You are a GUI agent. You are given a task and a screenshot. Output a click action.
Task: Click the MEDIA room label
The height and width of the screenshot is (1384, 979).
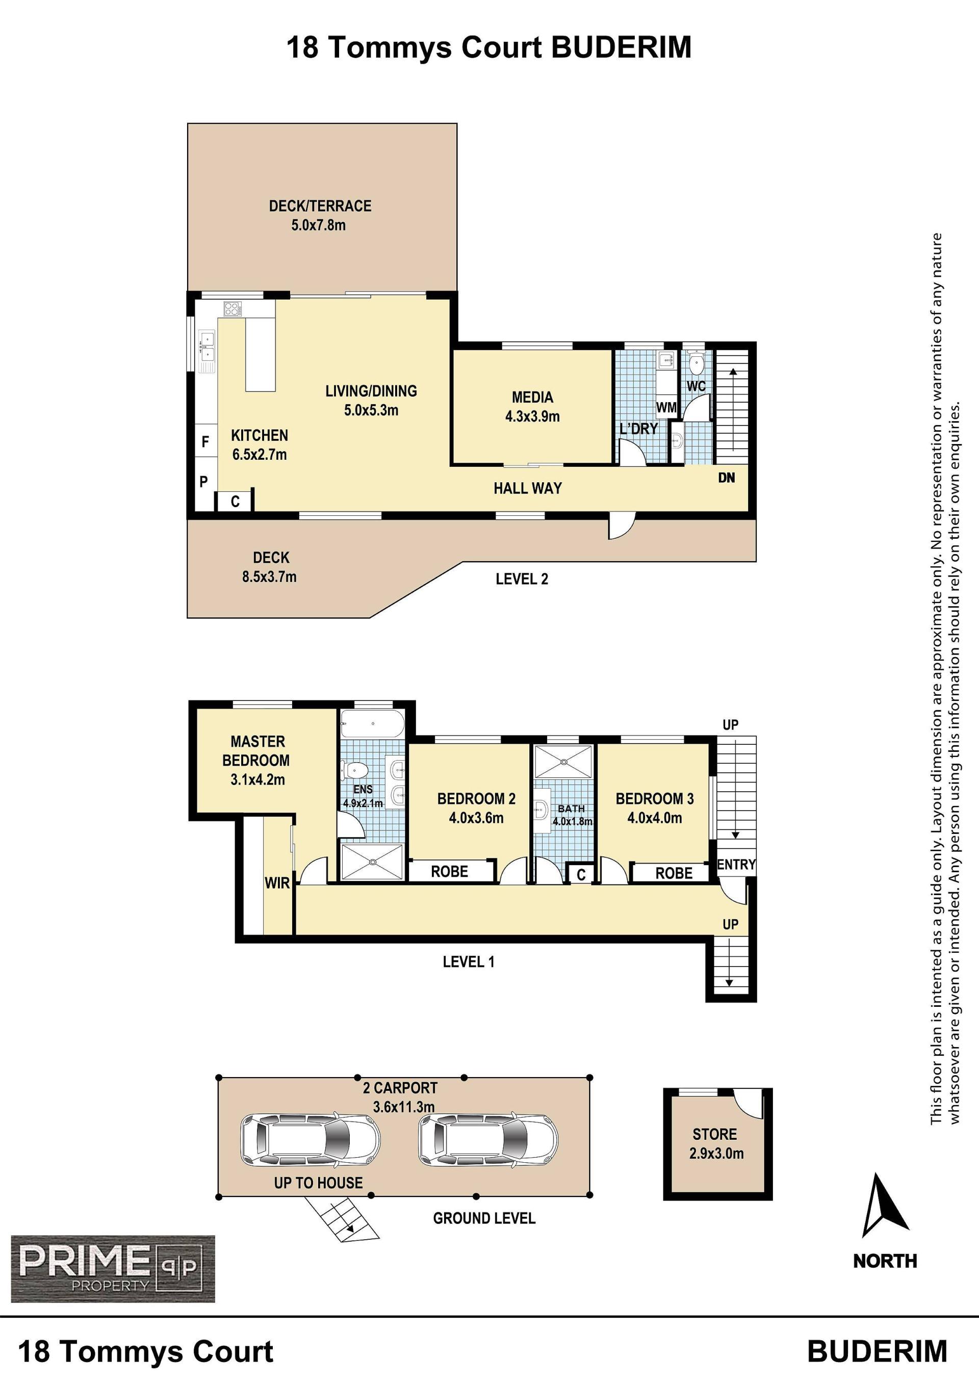click(532, 397)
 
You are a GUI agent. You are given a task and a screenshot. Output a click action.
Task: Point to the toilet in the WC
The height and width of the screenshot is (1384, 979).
click(697, 363)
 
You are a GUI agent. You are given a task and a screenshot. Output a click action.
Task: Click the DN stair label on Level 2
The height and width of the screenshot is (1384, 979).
click(727, 478)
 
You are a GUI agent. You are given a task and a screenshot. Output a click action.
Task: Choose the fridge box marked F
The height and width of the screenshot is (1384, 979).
click(205, 442)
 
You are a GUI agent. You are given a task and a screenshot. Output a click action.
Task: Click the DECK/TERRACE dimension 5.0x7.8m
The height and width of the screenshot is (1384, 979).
click(318, 225)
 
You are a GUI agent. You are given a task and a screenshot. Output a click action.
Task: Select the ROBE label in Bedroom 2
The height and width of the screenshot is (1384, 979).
click(449, 872)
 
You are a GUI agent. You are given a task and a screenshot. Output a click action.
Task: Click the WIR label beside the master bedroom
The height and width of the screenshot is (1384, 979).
click(277, 883)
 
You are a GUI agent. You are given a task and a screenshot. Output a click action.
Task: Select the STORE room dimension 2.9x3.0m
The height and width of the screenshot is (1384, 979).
click(716, 1154)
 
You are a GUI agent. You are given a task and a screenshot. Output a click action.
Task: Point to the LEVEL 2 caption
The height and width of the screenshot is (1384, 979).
click(522, 579)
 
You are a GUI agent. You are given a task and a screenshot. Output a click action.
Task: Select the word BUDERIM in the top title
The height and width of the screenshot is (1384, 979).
click(622, 47)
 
